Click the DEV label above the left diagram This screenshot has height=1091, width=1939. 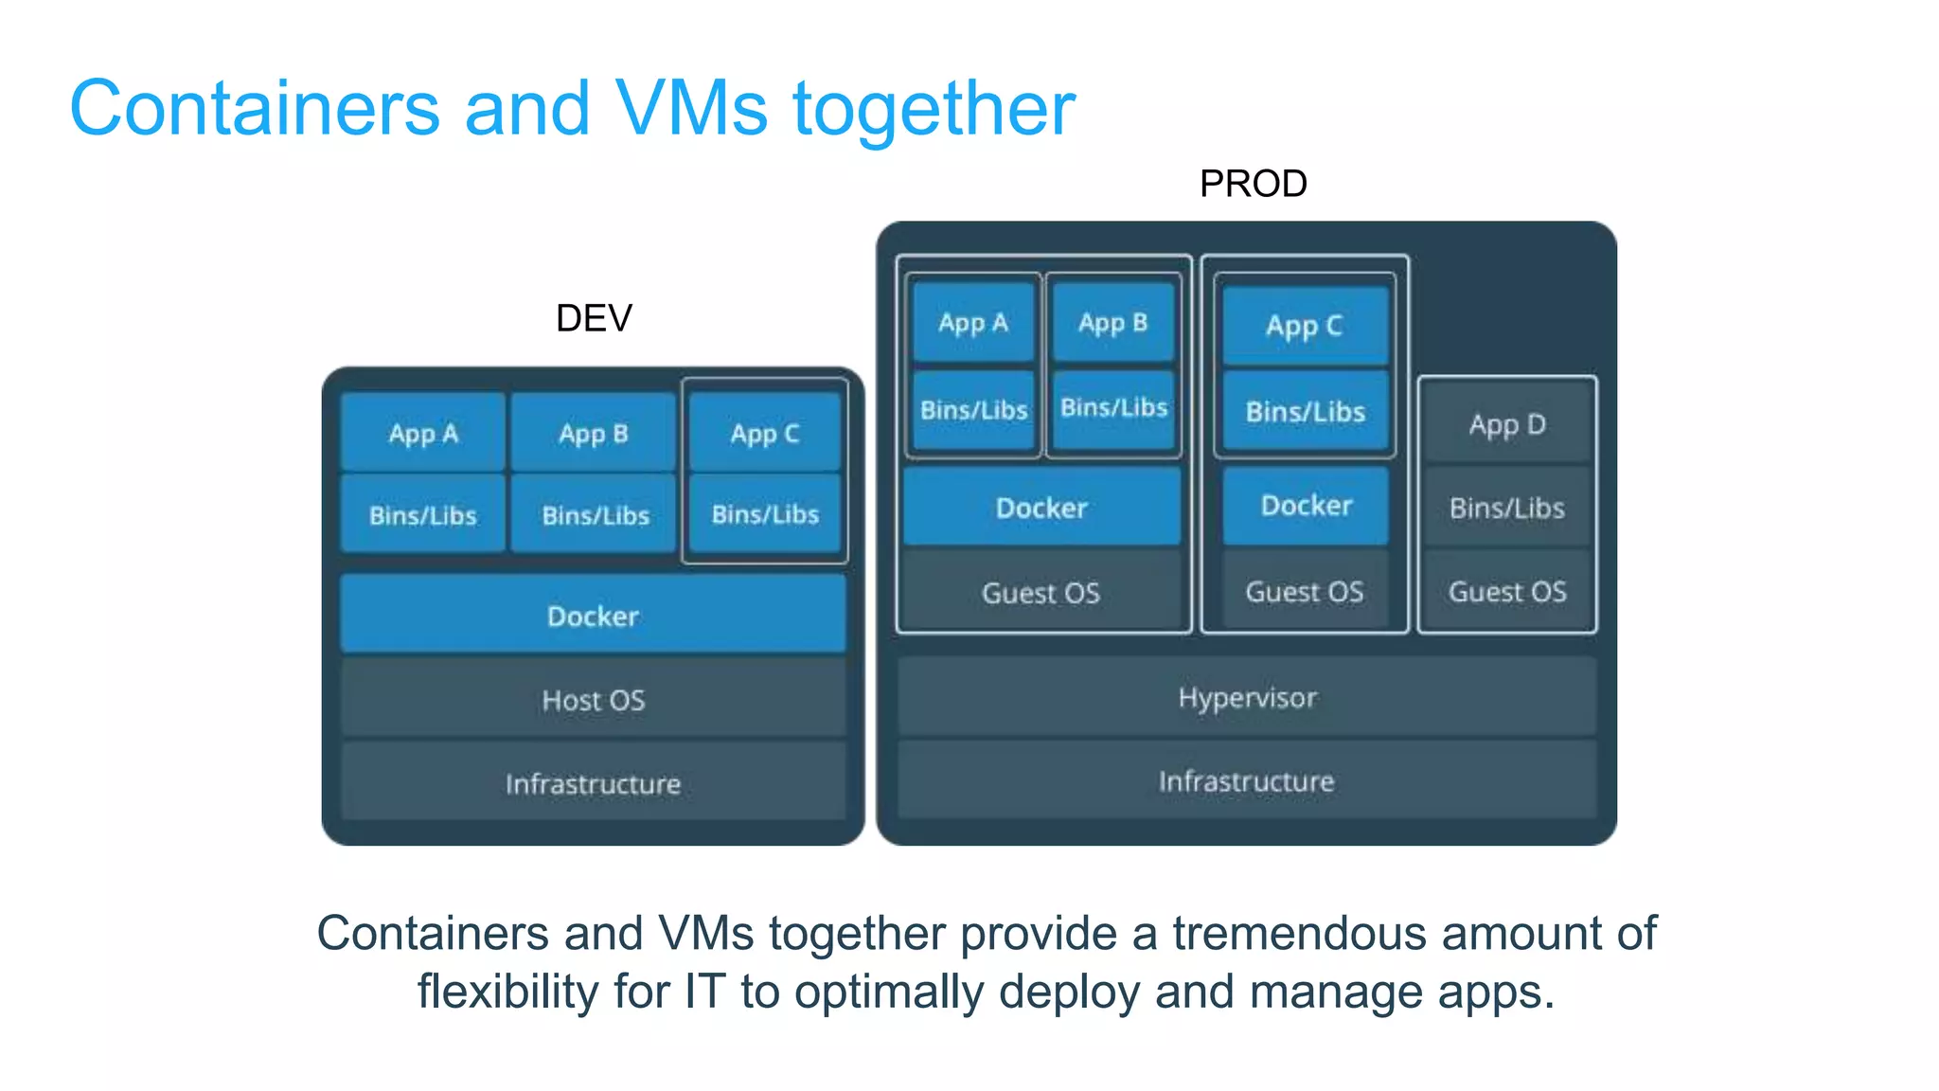(x=594, y=318)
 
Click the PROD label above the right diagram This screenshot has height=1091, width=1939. (x=1253, y=184)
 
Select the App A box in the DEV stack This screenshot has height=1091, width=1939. (x=422, y=434)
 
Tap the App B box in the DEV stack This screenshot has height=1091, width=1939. (x=594, y=434)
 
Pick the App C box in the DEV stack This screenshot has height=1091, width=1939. (x=765, y=434)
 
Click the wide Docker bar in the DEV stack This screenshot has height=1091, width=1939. (x=593, y=616)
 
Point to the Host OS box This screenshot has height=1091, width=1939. (x=593, y=700)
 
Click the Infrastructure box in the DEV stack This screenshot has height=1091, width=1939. (x=593, y=783)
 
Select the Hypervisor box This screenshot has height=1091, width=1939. (x=1247, y=698)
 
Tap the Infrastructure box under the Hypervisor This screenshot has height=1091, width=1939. (x=1247, y=781)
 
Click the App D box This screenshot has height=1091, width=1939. (x=1507, y=424)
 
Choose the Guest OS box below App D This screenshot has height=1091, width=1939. (x=1507, y=592)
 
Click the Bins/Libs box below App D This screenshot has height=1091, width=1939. (x=1507, y=509)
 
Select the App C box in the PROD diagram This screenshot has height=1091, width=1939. (x=1305, y=326)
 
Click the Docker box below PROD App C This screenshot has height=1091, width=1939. (x=1306, y=506)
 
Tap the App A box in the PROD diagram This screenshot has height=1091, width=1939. (x=973, y=323)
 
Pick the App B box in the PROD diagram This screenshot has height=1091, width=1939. (x=1113, y=323)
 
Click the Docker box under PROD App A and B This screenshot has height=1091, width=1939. (x=1041, y=508)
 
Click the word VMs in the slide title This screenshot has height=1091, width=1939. (x=691, y=108)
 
